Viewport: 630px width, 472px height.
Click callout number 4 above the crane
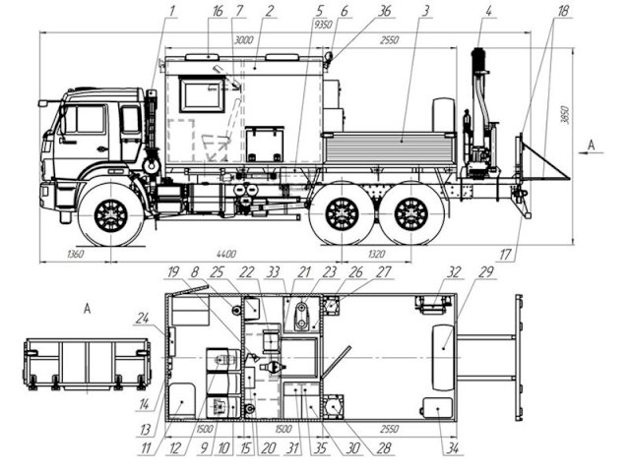489,12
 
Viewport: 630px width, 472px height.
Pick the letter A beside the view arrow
590,145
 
